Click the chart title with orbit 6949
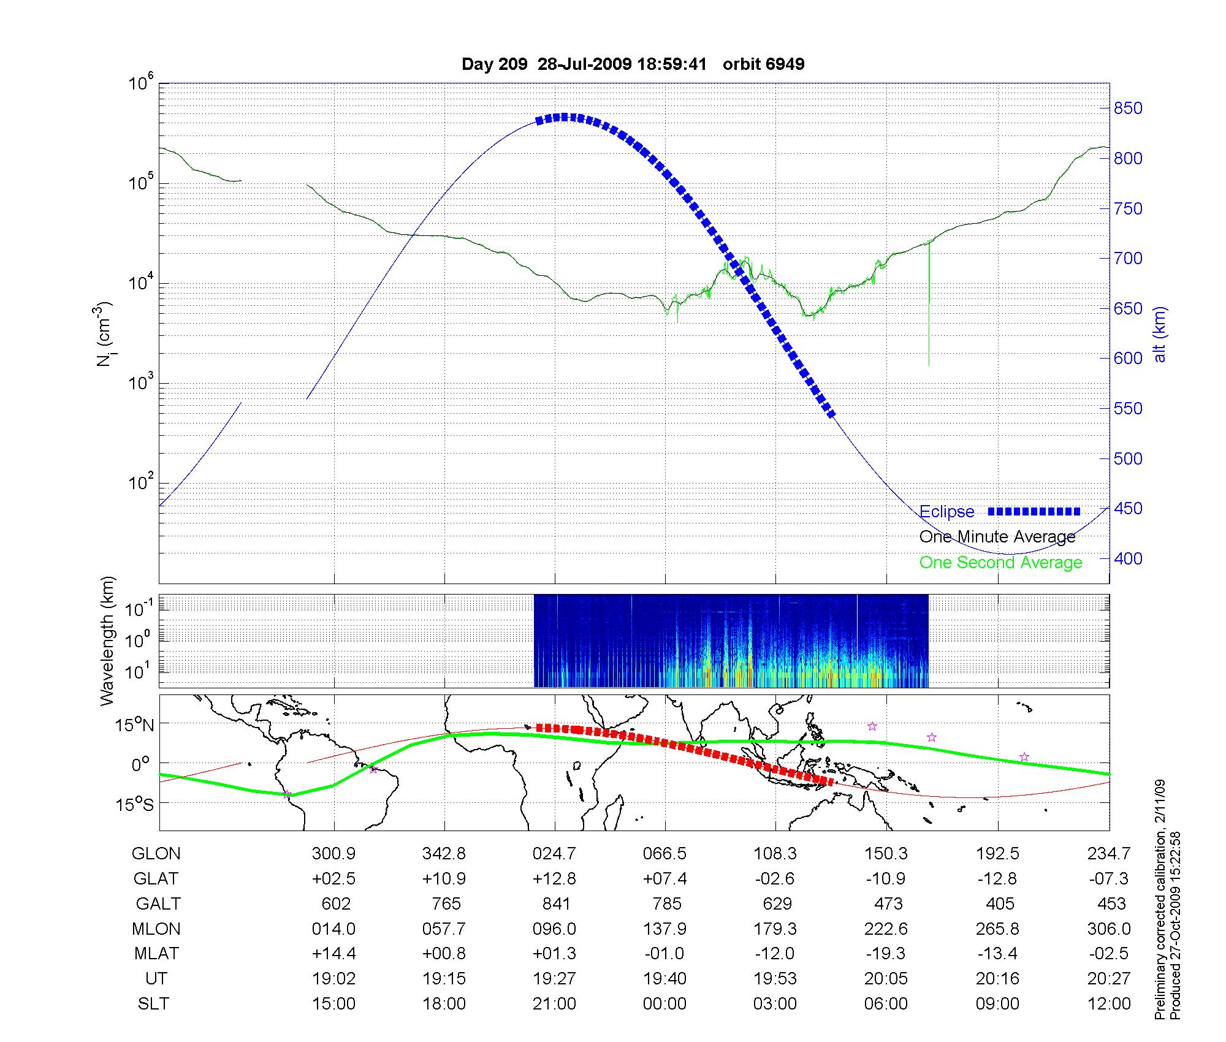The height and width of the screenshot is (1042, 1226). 633,64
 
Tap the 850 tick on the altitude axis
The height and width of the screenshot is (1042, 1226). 1128,108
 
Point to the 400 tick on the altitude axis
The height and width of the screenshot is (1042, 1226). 1128,558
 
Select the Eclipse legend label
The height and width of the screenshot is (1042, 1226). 946,512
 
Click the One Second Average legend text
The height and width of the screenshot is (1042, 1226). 1000,563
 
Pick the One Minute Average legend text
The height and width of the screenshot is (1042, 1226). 997,537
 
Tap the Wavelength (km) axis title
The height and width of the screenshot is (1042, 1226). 108,641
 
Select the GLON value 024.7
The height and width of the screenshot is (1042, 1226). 555,854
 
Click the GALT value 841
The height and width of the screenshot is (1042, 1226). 556,904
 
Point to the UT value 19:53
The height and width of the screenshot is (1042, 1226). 775,979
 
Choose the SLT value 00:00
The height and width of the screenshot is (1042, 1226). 665,1004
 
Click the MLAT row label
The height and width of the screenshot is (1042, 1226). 156,954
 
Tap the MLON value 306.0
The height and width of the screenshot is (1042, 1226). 1108,929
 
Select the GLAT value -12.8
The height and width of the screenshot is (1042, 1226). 997,879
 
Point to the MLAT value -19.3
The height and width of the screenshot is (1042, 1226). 886,954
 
